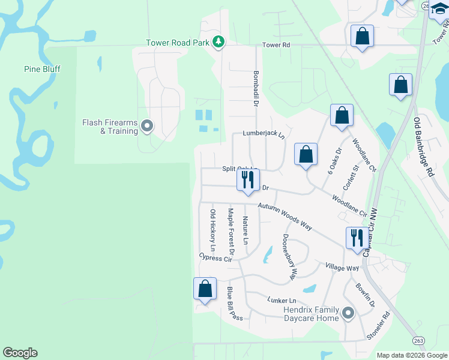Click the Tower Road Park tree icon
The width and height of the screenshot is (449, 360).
[220, 42]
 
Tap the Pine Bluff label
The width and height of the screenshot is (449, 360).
[42, 69]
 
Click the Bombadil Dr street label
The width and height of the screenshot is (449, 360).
[255, 87]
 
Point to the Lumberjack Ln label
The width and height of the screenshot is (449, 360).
[264, 133]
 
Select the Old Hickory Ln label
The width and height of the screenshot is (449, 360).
[212, 230]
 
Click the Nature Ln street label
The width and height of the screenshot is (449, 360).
[245, 230]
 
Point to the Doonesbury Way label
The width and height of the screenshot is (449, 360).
[290, 256]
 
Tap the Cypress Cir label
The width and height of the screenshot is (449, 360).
[215, 257]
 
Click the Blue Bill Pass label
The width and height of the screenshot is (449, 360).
[234, 304]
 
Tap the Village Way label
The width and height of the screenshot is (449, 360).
[342, 267]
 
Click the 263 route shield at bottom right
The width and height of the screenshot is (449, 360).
[417, 341]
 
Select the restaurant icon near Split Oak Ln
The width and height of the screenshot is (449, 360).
[248, 179]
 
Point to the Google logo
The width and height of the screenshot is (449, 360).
[20, 353]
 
